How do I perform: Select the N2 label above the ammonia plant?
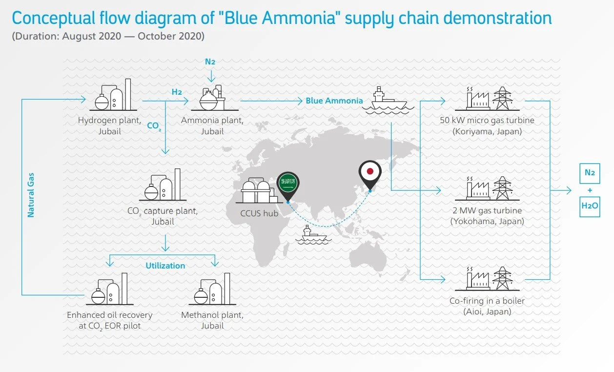(x=210, y=62)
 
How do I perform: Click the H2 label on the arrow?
(x=177, y=92)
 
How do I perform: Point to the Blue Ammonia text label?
(x=334, y=101)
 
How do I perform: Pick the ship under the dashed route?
(x=310, y=234)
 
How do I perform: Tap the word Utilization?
(x=165, y=266)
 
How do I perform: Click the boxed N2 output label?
(x=590, y=173)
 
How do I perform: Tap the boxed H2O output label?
(x=590, y=207)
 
